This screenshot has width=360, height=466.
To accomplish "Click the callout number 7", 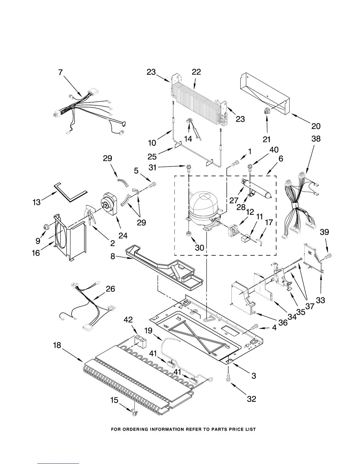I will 61,72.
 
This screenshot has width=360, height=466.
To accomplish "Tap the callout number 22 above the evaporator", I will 196,72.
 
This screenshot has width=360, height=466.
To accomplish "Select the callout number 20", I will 316,126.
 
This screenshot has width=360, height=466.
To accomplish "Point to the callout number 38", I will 316,139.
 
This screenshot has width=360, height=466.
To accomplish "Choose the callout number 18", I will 57,345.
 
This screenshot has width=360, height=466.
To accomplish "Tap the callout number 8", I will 113,256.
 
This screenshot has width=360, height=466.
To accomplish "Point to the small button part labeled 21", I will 267,111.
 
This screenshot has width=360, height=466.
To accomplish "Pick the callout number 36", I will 283,322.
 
